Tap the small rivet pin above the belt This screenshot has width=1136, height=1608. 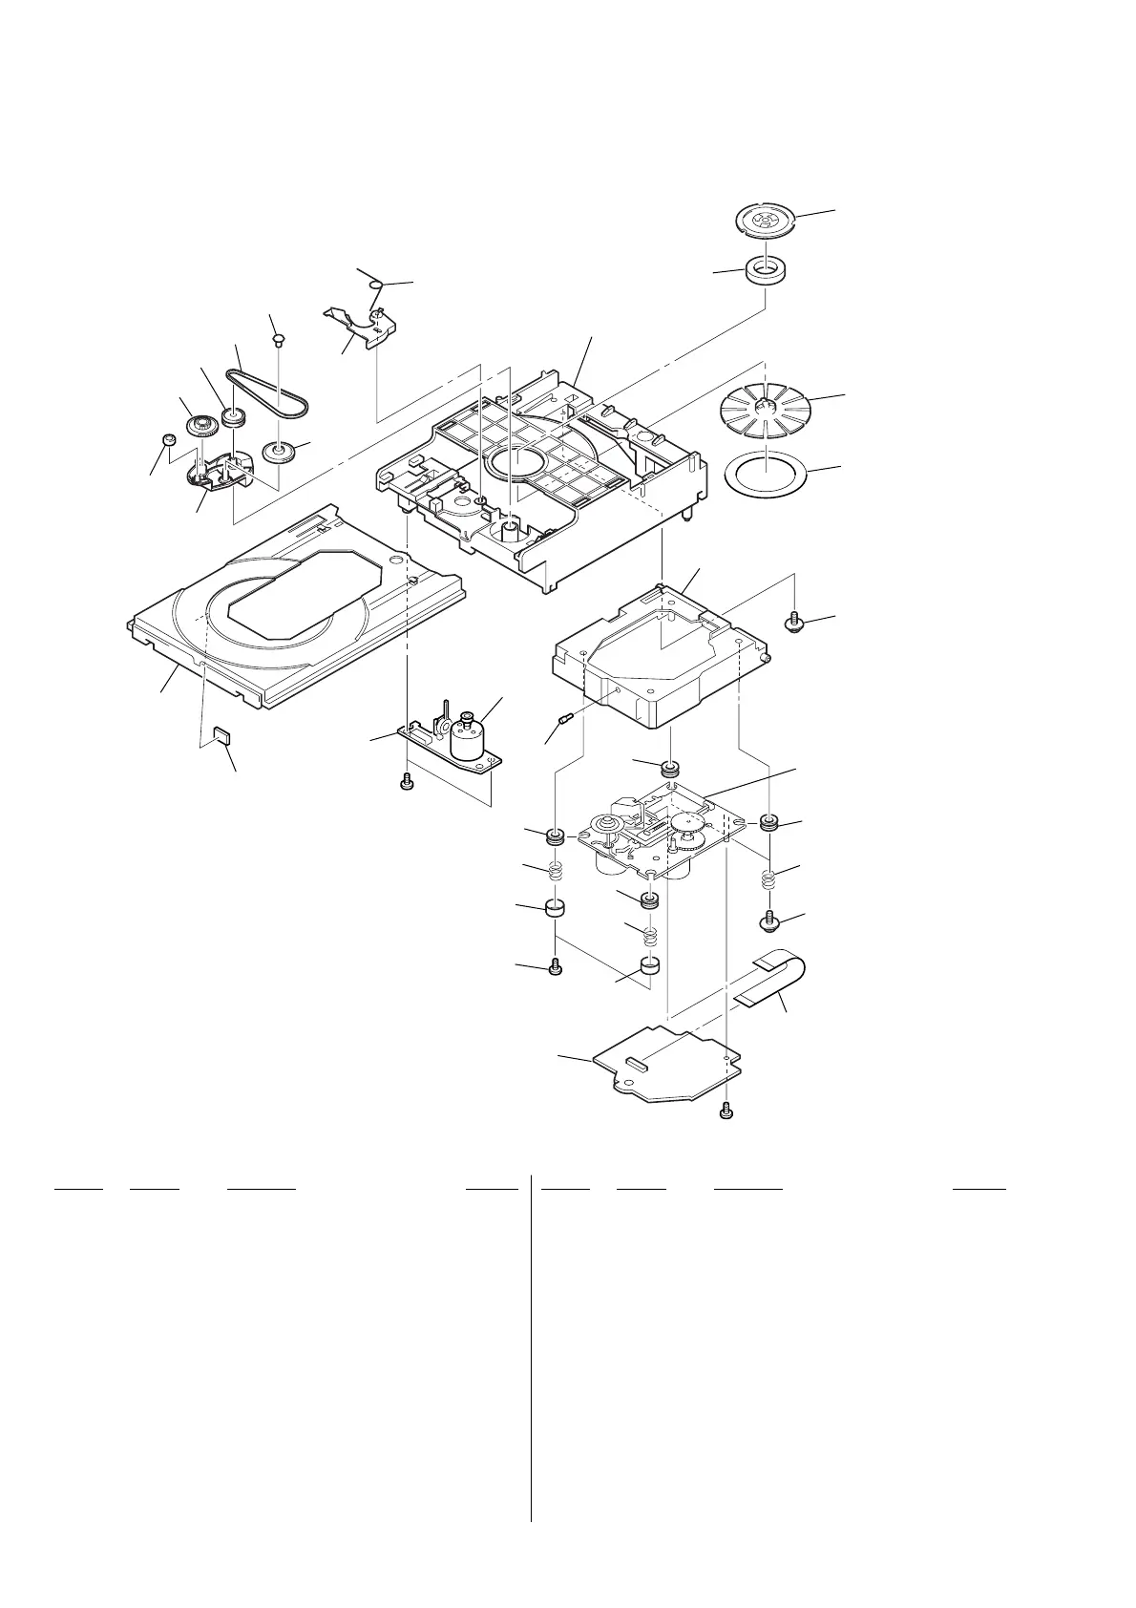pyautogui.click(x=278, y=337)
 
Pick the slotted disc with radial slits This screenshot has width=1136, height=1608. pyautogui.click(x=762, y=413)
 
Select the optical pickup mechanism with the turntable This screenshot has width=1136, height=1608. pyautogui.click(x=649, y=831)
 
